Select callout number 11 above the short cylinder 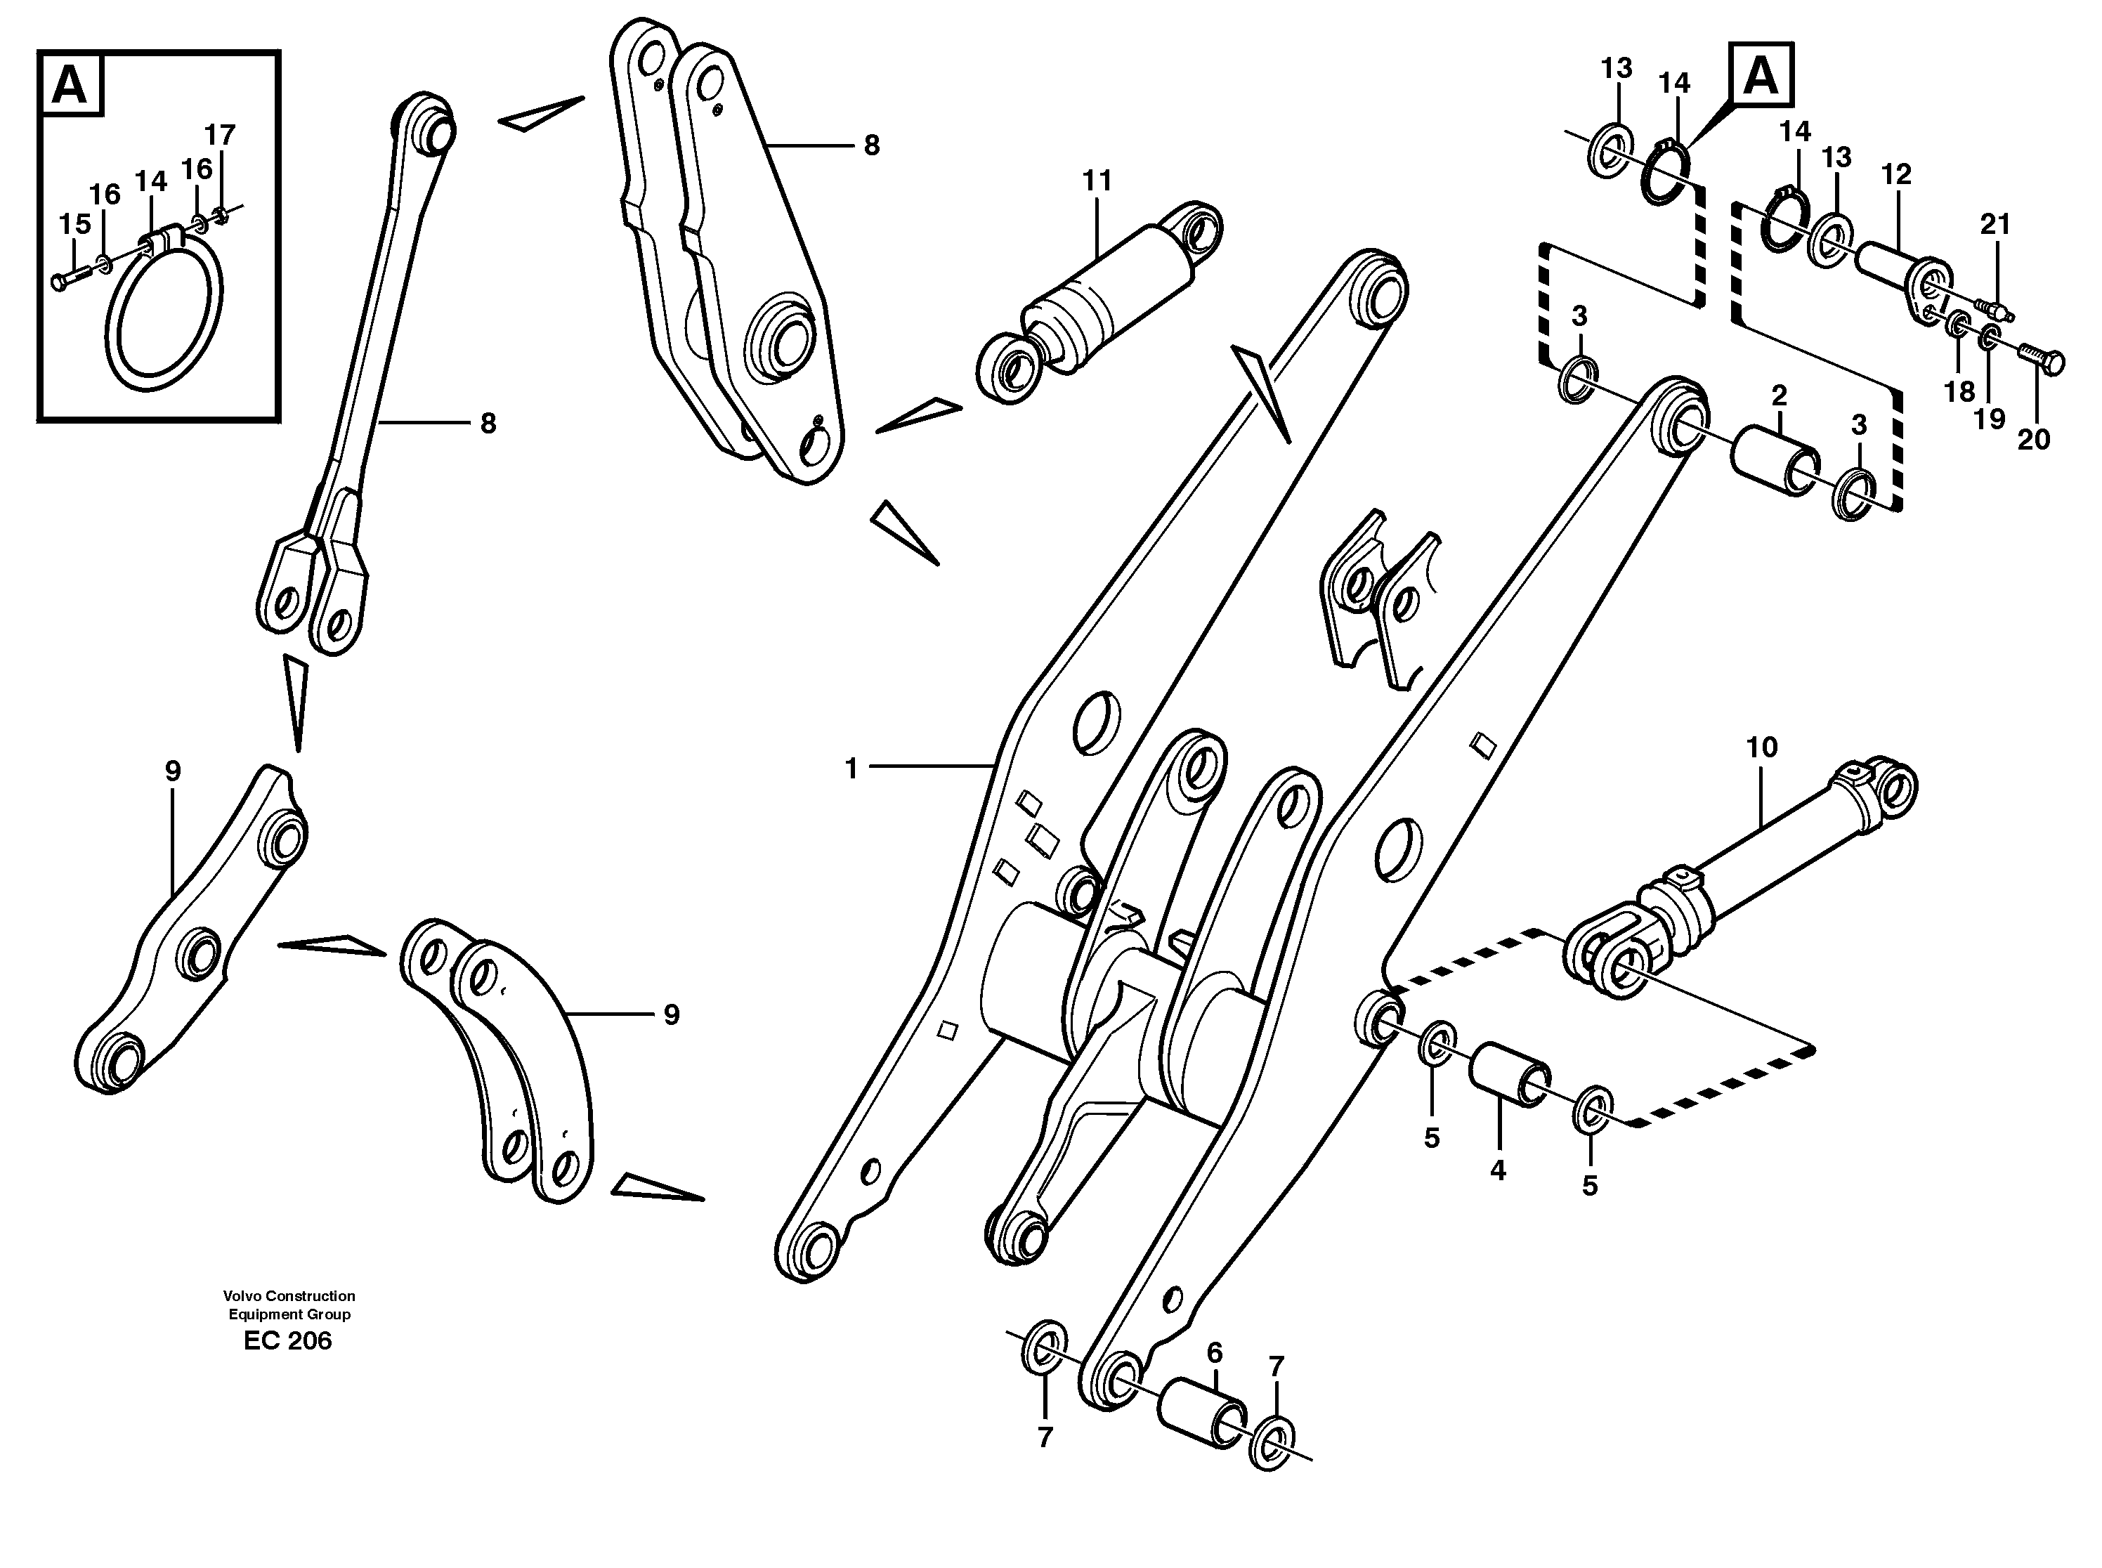(x=1097, y=181)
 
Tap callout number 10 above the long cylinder (x=1761, y=748)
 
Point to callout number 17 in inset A (x=219, y=135)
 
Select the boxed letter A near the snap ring (x=1761, y=74)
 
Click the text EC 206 (x=287, y=1341)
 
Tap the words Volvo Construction (x=289, y=1295)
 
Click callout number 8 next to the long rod (x=488, y=424)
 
